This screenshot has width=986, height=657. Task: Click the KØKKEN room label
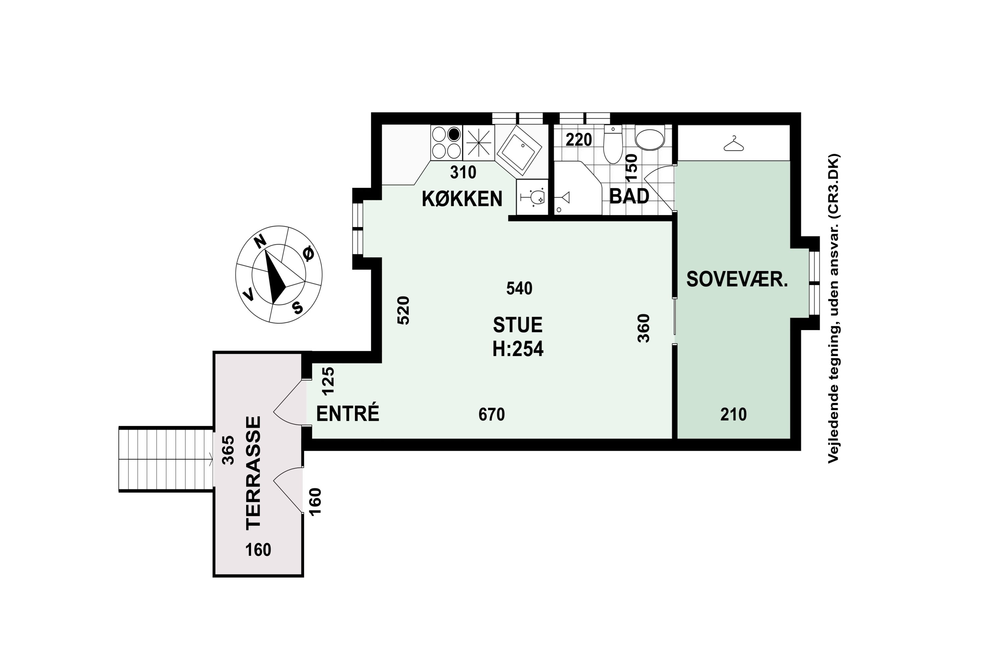(x=462, y=199)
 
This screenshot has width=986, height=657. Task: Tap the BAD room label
(x=629, y=196)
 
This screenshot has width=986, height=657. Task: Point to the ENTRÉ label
(x=347, y=414)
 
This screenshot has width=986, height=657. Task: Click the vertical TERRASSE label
(x=253, y=473)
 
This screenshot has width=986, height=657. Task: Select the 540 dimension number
(x=519, y=288)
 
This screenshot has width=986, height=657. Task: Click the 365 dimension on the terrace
(x=228, y=450)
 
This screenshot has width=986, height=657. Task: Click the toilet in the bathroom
(x=613, y=147)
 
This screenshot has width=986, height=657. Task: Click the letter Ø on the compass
(x=308, y=254)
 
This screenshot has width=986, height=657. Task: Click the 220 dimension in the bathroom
(x=578, y=140)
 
